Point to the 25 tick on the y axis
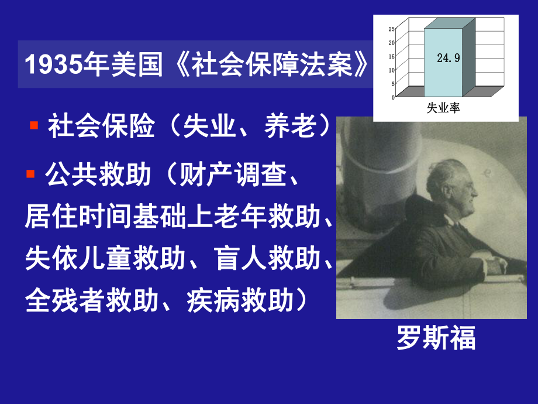point(391,29)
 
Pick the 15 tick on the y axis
point(391,56)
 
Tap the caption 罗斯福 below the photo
point(436,338)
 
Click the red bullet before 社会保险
point(34,125)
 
